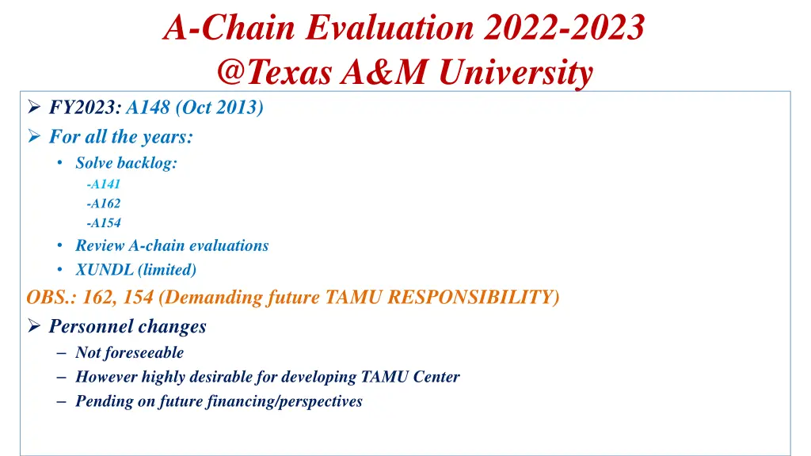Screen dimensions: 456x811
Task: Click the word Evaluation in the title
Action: pos(390,28)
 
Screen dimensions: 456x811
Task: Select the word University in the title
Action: pos(516,73)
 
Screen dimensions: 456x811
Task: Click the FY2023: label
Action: pos(86,108)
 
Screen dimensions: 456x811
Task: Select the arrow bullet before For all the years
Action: pos(34,137)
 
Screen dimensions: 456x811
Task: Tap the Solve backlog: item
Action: pos(126,162)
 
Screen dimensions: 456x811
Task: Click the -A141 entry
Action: pos(104,184)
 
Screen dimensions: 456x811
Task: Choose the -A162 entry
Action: pos(104,203)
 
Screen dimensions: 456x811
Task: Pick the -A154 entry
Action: pos(104,223)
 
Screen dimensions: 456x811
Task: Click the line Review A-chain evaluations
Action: pos(172,245)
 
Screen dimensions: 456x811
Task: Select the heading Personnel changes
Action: pos(128,326)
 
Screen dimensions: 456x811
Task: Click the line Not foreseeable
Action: pos(129,352)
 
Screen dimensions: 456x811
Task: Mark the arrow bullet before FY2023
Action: pos(34,108)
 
